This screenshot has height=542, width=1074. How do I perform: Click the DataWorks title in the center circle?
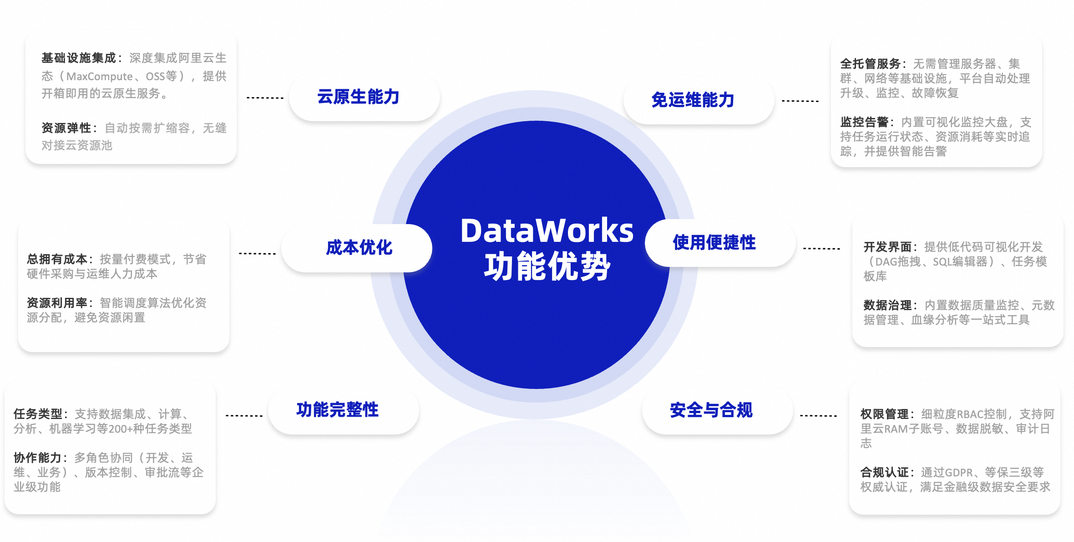[547, 230]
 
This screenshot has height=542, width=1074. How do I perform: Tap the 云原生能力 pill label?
[358, 97]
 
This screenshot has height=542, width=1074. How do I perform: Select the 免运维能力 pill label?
[693, 100]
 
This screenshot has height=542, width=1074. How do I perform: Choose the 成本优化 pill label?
[359, 248]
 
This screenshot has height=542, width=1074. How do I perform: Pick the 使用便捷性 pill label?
[714, 243]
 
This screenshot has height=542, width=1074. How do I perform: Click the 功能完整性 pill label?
[337, 410]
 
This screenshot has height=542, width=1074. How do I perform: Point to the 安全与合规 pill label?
[711, 410]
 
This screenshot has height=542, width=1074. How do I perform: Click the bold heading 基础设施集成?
[78, 58]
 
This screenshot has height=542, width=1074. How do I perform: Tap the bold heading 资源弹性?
[66, 128]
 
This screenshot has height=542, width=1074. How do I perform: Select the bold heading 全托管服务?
[870, 64]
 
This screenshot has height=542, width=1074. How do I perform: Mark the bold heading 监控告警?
[864, 122]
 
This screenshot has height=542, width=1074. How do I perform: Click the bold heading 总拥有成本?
[57, 260]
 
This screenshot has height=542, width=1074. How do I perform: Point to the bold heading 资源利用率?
[57, 303]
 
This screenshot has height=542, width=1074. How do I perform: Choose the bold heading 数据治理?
[887, 305]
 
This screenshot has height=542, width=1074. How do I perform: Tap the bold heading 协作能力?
[37, 458]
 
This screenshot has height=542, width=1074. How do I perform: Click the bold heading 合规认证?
[884, 472]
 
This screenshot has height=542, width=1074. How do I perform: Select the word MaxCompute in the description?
[100, 77]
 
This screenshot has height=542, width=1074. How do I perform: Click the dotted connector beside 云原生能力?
[265, 98]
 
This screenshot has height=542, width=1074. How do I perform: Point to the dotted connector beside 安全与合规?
[818, 415]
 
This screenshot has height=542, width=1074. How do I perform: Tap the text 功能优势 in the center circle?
[547, 266]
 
